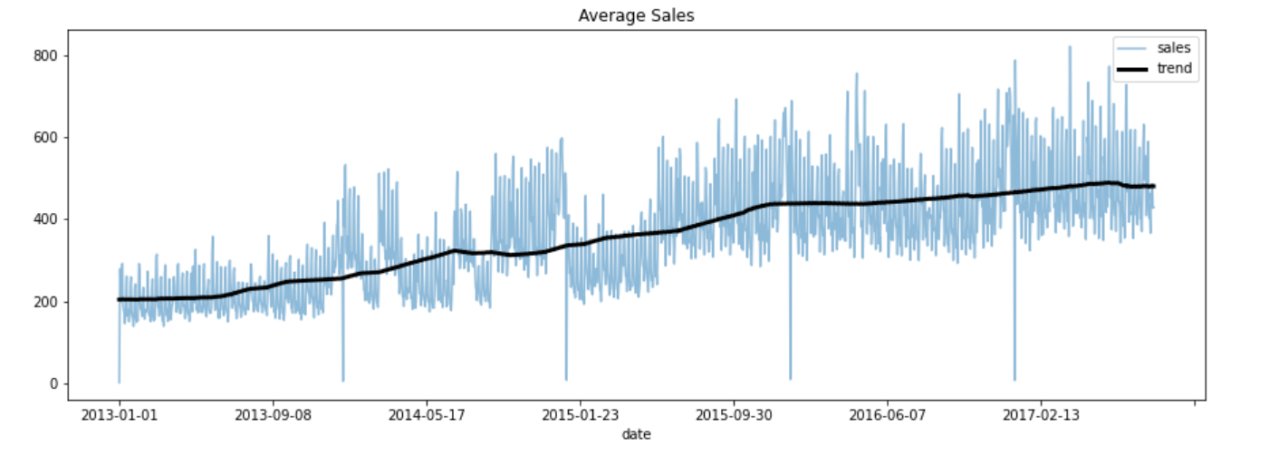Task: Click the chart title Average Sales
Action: pos(636,15)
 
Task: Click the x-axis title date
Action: pos(636,435)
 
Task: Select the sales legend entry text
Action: pos(1174,48)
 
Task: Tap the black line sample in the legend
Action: pos(1131,69)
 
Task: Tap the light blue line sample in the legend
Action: pos(1131,49)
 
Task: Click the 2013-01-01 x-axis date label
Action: pos(119,415)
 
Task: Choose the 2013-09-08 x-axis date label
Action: pos(273,415)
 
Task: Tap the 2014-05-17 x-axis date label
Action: pos(427,415)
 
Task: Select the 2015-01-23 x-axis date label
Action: pos(580,415)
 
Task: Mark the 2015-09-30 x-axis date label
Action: pos(734,415)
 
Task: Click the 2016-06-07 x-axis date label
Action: pos(888,415)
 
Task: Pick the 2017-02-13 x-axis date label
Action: pos(1041,415)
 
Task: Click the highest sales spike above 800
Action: pos(1070,48)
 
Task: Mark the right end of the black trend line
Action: pos(1153,186)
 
